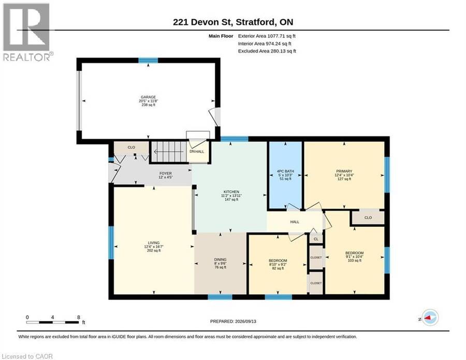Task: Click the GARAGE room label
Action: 148,97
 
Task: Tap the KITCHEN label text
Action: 231,192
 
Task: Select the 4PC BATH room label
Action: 285,171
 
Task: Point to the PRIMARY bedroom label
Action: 344,171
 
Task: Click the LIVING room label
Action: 154,243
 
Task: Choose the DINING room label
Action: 220,260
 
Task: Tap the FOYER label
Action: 166,174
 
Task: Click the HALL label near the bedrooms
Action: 295,222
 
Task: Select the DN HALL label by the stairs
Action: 197,152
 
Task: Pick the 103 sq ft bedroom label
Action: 355,253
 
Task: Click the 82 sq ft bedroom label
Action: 278,261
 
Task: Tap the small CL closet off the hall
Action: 316,239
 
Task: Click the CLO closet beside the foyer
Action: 132,148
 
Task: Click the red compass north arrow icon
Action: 429,318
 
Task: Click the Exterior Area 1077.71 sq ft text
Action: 267,36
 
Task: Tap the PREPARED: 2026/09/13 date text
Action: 233,321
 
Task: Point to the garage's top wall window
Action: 148,61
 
